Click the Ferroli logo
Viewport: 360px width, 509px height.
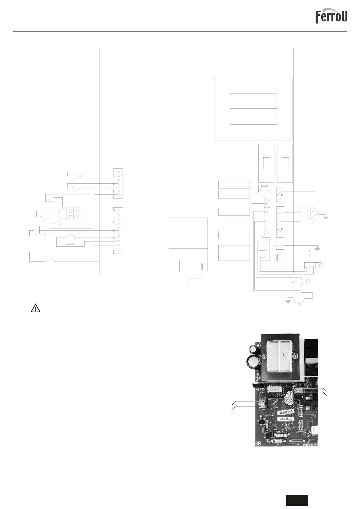click(331, 17)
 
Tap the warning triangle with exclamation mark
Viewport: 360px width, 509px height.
click(35, 308)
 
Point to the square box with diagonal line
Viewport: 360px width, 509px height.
click(37, 230)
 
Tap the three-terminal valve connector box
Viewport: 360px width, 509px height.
click(309, 266)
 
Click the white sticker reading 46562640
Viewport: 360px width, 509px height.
click(286, 412)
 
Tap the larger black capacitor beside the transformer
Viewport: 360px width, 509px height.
click(253, 362)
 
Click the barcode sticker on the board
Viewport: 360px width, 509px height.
click(315, 430)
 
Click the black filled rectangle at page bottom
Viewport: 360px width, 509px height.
click(297, 500)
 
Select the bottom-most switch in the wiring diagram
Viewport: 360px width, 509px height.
click(50, 260)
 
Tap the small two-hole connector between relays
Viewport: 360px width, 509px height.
click(264, 189)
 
